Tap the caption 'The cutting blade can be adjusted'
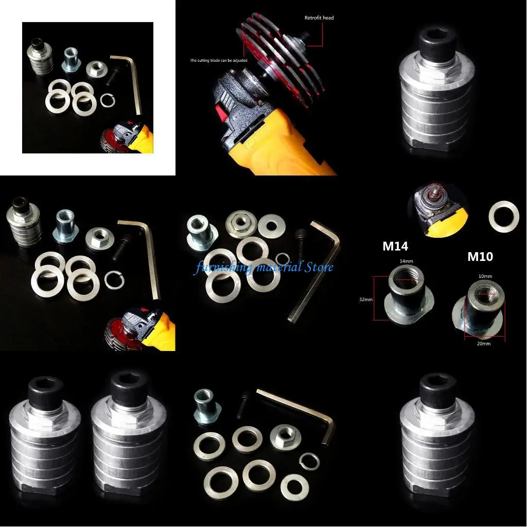click(219, 60)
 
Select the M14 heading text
click(395, 247)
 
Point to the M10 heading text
click(480, 256)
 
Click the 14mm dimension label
click(407, 261)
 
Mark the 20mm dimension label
click(484, 343)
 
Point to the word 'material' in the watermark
click(275, 267)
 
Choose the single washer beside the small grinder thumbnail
click(503, 217)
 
